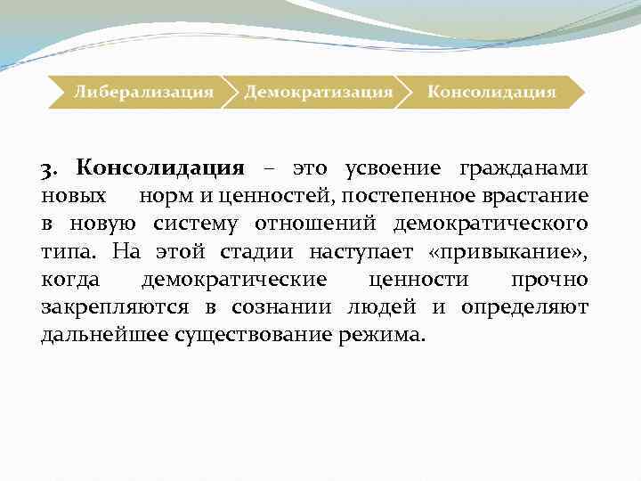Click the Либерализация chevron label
pos(143,91)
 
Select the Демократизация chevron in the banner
pos(319,91)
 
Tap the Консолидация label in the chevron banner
pos(491,91)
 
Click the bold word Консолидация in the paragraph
pos(159,167)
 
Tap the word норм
pos(159,195)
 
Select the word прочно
pos(549,280)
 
